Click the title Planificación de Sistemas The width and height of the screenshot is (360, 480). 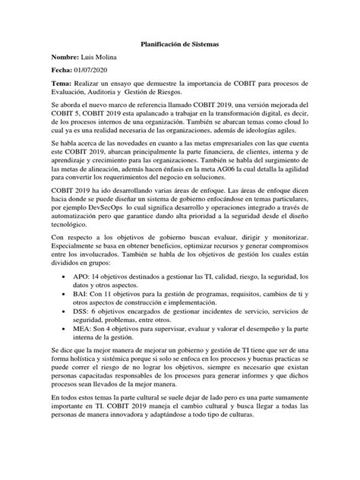point(179,45)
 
